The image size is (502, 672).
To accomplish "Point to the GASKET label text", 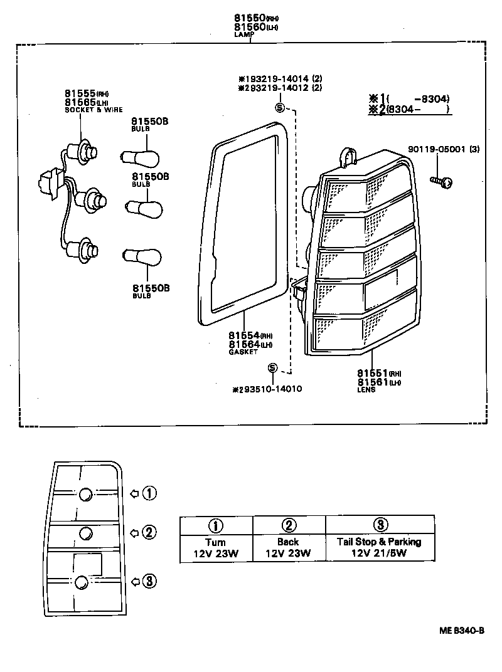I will tap(242, 352).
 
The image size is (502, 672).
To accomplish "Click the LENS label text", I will tap(366, 389).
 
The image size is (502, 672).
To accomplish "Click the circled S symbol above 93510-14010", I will tap(272, 368).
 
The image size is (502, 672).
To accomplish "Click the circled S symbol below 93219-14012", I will tap(279, 107).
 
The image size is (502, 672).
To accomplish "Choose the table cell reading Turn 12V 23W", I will tap(216, 548).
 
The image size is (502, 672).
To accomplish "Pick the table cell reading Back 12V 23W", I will tap(288, 548).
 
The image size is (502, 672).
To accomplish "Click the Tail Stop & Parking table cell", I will tap(380, 548).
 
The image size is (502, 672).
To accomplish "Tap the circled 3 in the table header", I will tap(380, 525).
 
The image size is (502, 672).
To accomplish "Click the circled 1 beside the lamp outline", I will tap(149, 493).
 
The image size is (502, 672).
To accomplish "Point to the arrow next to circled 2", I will tap(134, 533).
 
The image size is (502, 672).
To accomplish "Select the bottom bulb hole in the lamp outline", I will tap(82, 582).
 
